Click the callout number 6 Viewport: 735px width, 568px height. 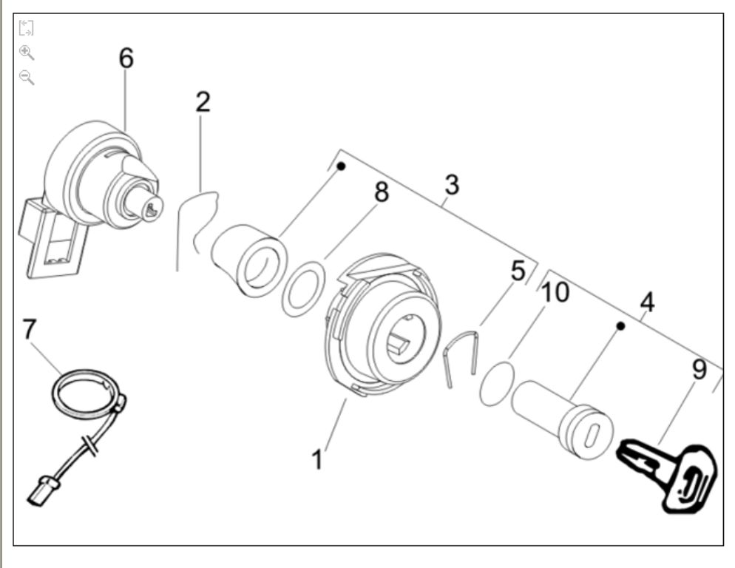pos(126,58)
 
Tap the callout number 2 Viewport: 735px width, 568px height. pos(203,102)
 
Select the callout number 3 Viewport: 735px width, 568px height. pos(452,185)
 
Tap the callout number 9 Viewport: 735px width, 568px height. pos(699,369)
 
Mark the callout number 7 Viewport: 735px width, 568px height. pos(29,329)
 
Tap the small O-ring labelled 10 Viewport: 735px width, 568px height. pos(493,382)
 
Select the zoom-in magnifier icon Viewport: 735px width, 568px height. pos(27,53)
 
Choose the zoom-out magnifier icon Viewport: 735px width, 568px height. pos(27,76)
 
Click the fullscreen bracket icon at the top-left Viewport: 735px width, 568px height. pos(26,29)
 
